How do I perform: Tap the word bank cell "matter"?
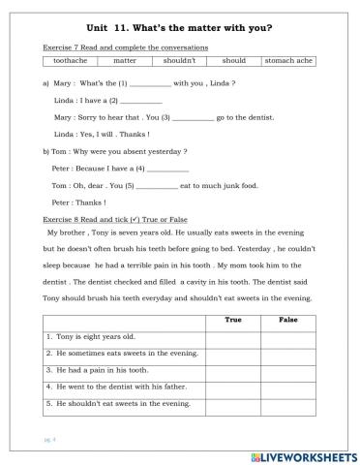[125, 61]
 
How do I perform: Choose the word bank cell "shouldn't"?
[180, 61]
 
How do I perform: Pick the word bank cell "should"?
[234, 61]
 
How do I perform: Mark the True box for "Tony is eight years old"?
[232, 336]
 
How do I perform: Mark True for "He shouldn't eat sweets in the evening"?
[232, 403]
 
